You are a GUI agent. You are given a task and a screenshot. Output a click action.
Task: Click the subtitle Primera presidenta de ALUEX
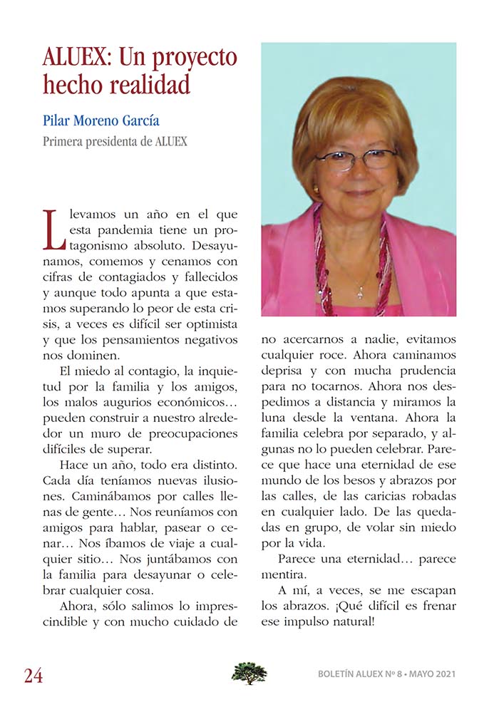(115, 141)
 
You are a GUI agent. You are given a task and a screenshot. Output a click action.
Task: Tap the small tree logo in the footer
(249, 673)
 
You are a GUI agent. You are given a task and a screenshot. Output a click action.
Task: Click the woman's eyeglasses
(355, 159)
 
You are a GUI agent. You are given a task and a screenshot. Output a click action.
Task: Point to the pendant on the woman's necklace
(361, 291)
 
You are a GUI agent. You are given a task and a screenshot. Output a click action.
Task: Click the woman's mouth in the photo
(360, 192)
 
